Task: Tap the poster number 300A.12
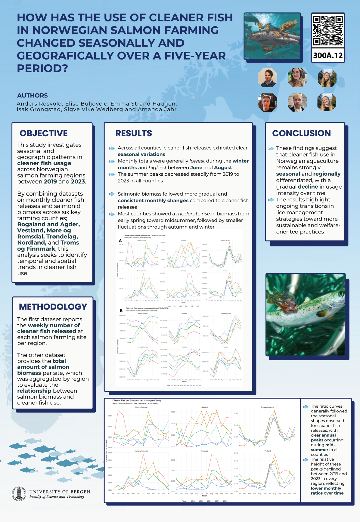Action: (x=328, y=55)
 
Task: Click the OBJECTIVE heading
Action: (x=44, y=133)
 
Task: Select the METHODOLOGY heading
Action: (x=53, y=307)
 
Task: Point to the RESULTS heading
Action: (x=134, y=133)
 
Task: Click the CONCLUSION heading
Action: (x=301, y=133)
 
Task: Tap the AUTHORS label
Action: (x=33, y=95)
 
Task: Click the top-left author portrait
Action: (x=267, y=78)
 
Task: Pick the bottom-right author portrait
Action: (x=327, y=102)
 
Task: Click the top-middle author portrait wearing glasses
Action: (x=297, y=78)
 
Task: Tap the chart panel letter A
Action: (x=120, y=240)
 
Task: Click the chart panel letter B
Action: (x=121, y=310)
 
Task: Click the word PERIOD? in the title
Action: (x=42, y=68)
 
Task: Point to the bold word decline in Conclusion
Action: (x=308, y=187)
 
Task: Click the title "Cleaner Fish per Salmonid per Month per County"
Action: (x=137, y=400)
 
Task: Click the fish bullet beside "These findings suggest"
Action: (x=271, y=148)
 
